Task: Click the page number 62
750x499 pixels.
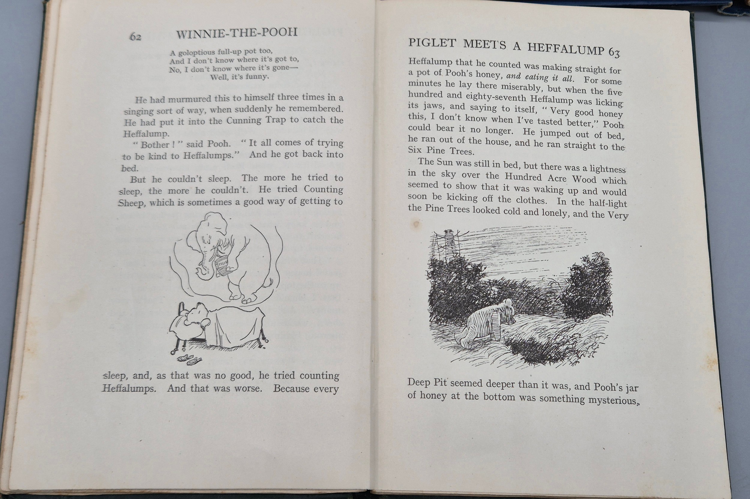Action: coord(135,37)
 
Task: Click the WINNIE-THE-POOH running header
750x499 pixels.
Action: coord(237,33)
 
